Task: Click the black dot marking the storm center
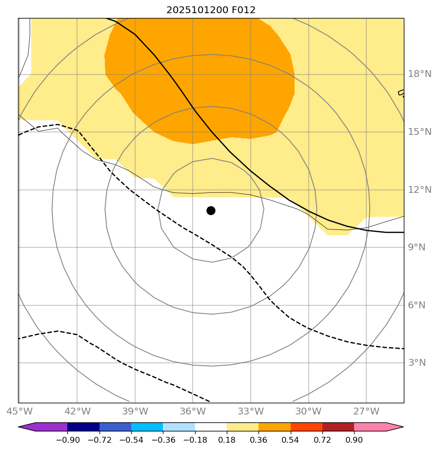[x=211, y=210]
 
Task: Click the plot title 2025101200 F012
[x=211, y=10]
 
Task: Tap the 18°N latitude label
[x=419, y=74]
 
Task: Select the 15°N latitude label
[x=419, y=132]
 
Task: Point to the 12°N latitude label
[x=419, y=190]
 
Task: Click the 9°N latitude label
[x=417, y=247]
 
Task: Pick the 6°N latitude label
[x=417, y=305]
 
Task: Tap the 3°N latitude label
[x=417, y=363]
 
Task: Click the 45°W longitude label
[x=19, y=412]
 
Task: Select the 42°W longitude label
[x=77, y=412]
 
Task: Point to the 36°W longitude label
[x=193, y=412]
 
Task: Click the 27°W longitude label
[x=366, y=412]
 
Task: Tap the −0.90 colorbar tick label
[x=67, y=440]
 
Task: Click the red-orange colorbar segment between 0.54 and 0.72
[x=306, y=427]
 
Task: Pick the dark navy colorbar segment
[x=83, y=427]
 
